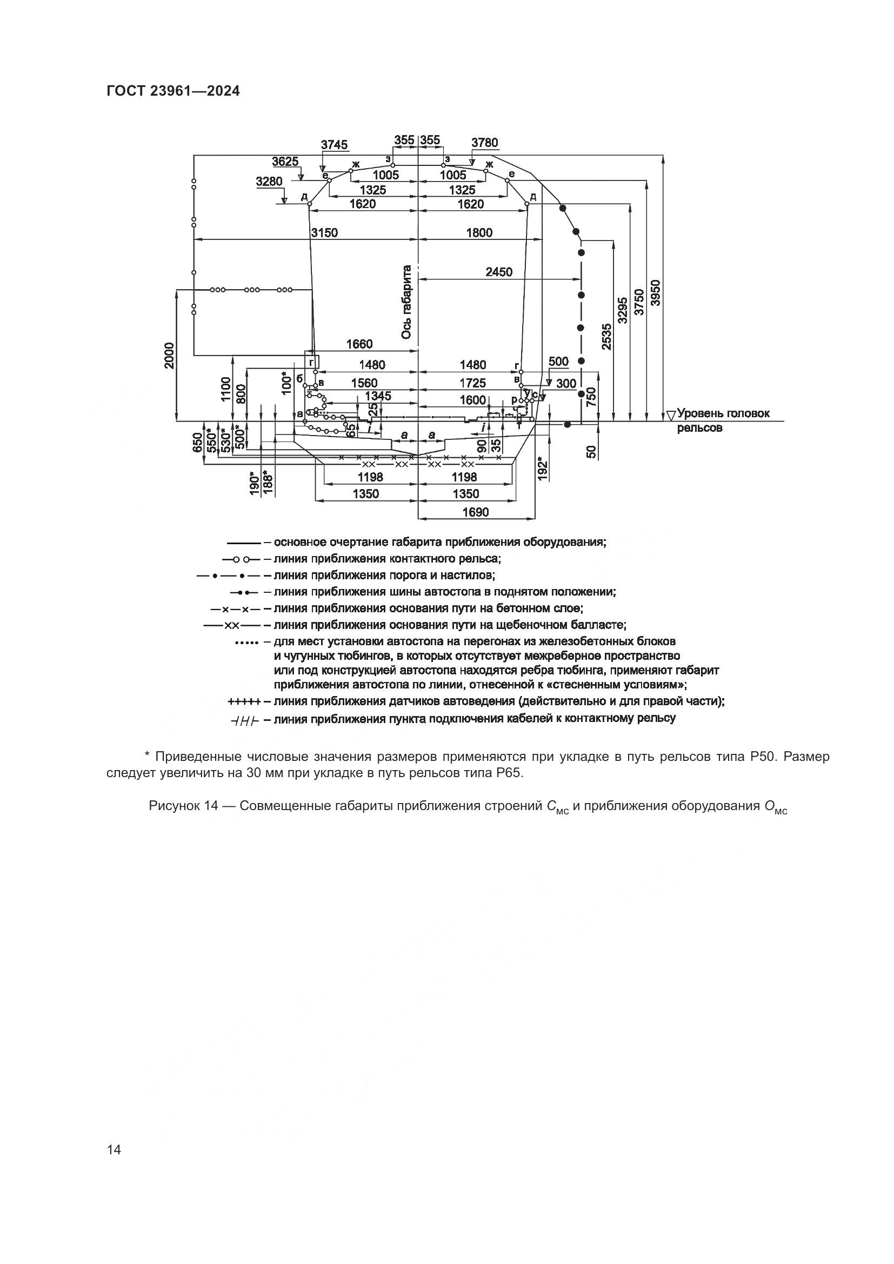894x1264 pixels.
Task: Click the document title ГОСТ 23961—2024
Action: [x=173, y=91]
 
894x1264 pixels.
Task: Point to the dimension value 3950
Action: [x=655, y=292]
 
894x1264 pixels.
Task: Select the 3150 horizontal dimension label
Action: [x=324, y=232]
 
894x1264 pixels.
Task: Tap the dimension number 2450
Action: [x=499, y=271]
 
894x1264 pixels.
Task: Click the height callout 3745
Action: [x=334, y=145]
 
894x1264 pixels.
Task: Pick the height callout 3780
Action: [x=484, y=143]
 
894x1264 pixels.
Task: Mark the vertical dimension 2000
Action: [x=169, y=356]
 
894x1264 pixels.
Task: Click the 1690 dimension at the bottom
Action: [x=475, y=512]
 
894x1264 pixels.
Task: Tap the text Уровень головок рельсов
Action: [x=723, y=420]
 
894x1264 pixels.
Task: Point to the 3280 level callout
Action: [x=269, y=182]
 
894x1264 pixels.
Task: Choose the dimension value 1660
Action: [x=359, y=344]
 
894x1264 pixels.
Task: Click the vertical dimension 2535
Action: [x=605, y=336]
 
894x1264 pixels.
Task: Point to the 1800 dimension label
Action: [x=479, y=232]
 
